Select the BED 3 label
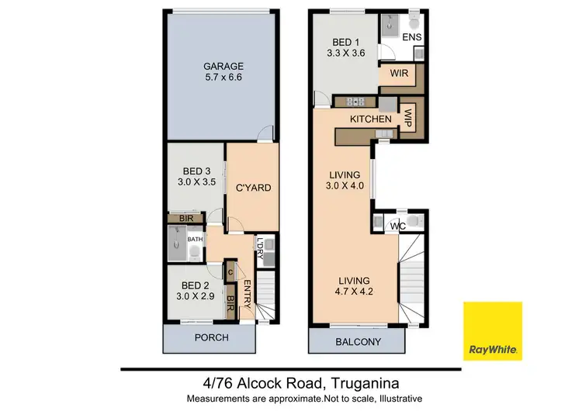[192, 171]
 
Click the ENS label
[413, 36]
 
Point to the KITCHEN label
[370, 119]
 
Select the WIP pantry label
[407, 118]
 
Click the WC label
[399, 226]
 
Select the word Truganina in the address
[369, 382]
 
